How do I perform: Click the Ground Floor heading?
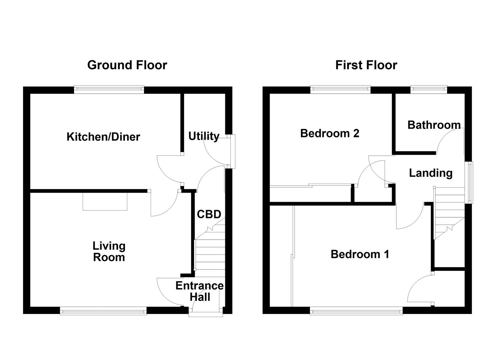(127, 65)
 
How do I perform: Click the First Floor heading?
(366, 65)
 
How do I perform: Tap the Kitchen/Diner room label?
(103, 137)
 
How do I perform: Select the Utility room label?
(204, 136)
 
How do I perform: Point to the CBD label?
(209, 214)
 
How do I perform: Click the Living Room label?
(109, 252)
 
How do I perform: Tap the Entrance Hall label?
(200, 291)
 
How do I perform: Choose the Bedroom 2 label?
(330, 133)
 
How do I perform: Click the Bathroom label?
(434, 125)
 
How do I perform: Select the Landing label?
(431, 173)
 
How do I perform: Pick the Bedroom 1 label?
(360, 254)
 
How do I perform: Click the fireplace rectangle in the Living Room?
(105, 202)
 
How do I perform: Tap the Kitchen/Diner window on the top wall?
(109, 89)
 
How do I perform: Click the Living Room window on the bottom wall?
(103, 311)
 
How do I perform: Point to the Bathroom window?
(428, 89)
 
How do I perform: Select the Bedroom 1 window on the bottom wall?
(356, 311)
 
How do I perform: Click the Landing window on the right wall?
(469, 182)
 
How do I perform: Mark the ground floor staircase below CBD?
(210, 253)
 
